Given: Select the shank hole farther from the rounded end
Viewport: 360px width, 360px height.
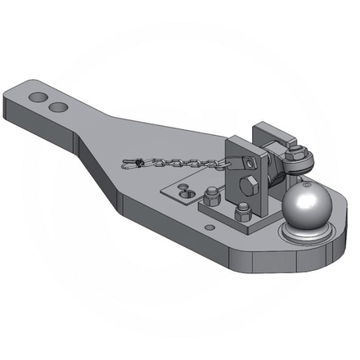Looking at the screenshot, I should [56, 106].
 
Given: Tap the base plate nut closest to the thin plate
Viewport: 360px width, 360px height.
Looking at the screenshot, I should [211, 195].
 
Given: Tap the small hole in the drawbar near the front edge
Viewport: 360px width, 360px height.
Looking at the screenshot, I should [210, 227].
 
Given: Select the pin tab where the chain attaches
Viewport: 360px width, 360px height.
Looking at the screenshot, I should [233, 161].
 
